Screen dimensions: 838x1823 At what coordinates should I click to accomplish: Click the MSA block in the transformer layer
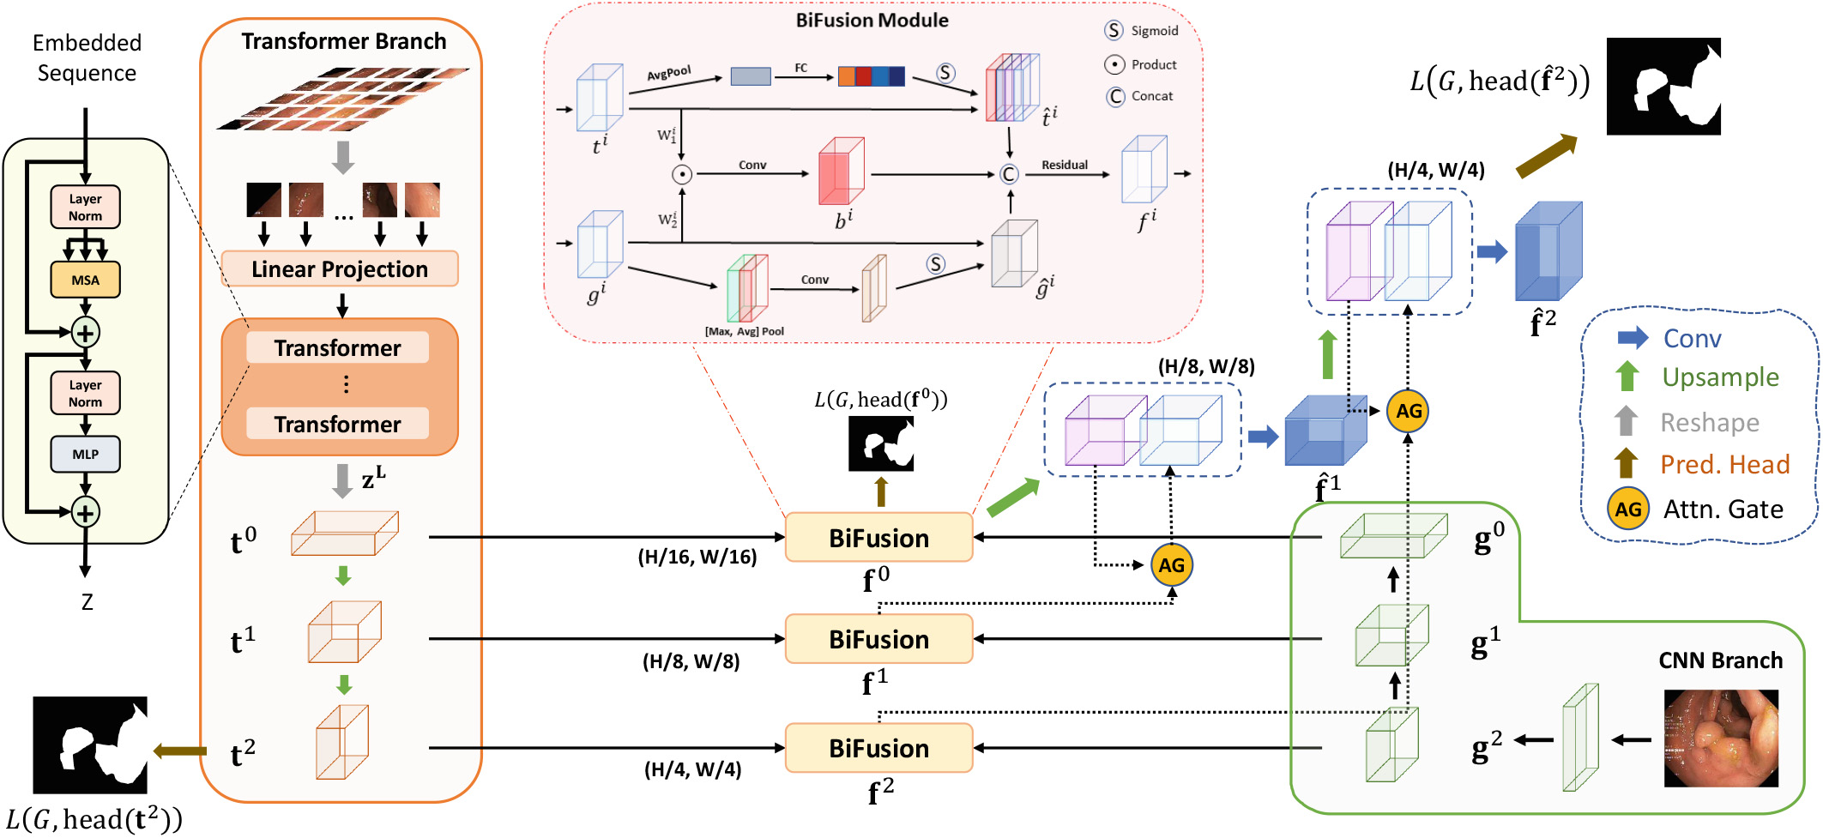tap(85, 280)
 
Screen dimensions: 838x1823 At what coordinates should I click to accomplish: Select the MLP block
tap(85, 454)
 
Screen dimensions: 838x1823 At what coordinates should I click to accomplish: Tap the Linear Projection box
tap(340, 269)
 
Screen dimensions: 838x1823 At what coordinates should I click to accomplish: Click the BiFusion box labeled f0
tap(878, 538)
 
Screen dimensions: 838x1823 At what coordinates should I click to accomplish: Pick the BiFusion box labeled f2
tap(878, 748)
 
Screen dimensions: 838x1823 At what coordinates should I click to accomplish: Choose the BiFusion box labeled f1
tap(878, 639)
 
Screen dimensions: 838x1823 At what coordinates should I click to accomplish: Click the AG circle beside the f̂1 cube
tap(1409, 411)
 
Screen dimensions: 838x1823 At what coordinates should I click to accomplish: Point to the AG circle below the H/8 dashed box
tap(1171, 565)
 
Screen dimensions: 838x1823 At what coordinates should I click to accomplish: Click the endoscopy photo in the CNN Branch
tap(1720, 739)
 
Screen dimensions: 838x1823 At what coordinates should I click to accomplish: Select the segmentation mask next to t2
tap(90, 745)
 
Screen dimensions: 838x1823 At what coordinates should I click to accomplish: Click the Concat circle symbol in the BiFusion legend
tap(1115, 96)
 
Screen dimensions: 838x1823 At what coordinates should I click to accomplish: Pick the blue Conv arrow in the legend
tap(1633, 337)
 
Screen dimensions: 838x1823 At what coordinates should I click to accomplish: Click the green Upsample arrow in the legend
tap(1627, 377)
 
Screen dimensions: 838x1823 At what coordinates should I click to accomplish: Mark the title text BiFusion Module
tap(872, 21)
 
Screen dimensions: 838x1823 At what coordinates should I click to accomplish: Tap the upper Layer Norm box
tap(85, 208)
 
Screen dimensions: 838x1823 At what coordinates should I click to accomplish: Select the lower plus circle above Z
tap(85, 512)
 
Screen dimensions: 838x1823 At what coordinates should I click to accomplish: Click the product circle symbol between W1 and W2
tap(682, 174)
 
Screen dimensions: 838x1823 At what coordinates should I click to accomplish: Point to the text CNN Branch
tap(1720, 660)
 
